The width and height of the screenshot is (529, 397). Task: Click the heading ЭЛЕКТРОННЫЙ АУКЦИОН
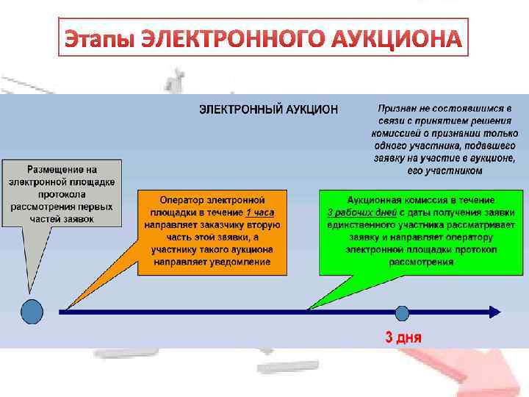coord(269,109)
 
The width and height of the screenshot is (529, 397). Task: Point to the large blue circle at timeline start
coord(32,312)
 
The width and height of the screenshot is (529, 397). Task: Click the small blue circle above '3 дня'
coord(402,312)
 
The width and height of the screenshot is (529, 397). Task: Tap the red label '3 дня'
coord(403,338)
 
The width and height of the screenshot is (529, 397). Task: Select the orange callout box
coord(212,232)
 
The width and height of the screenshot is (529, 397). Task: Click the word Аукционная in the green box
coord(375,200)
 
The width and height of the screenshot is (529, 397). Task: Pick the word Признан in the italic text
coord(397,108)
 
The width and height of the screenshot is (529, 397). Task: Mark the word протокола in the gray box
coord(62,194)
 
